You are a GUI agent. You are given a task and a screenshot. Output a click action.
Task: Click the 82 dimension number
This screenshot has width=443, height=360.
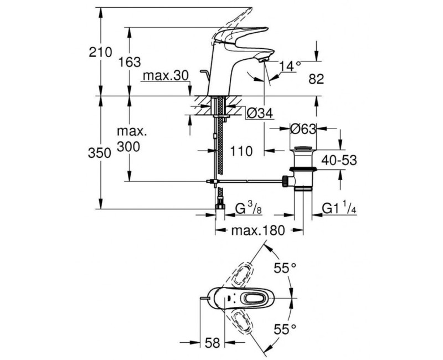315,80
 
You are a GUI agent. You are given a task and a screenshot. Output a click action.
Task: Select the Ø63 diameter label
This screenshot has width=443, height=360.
303,128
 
